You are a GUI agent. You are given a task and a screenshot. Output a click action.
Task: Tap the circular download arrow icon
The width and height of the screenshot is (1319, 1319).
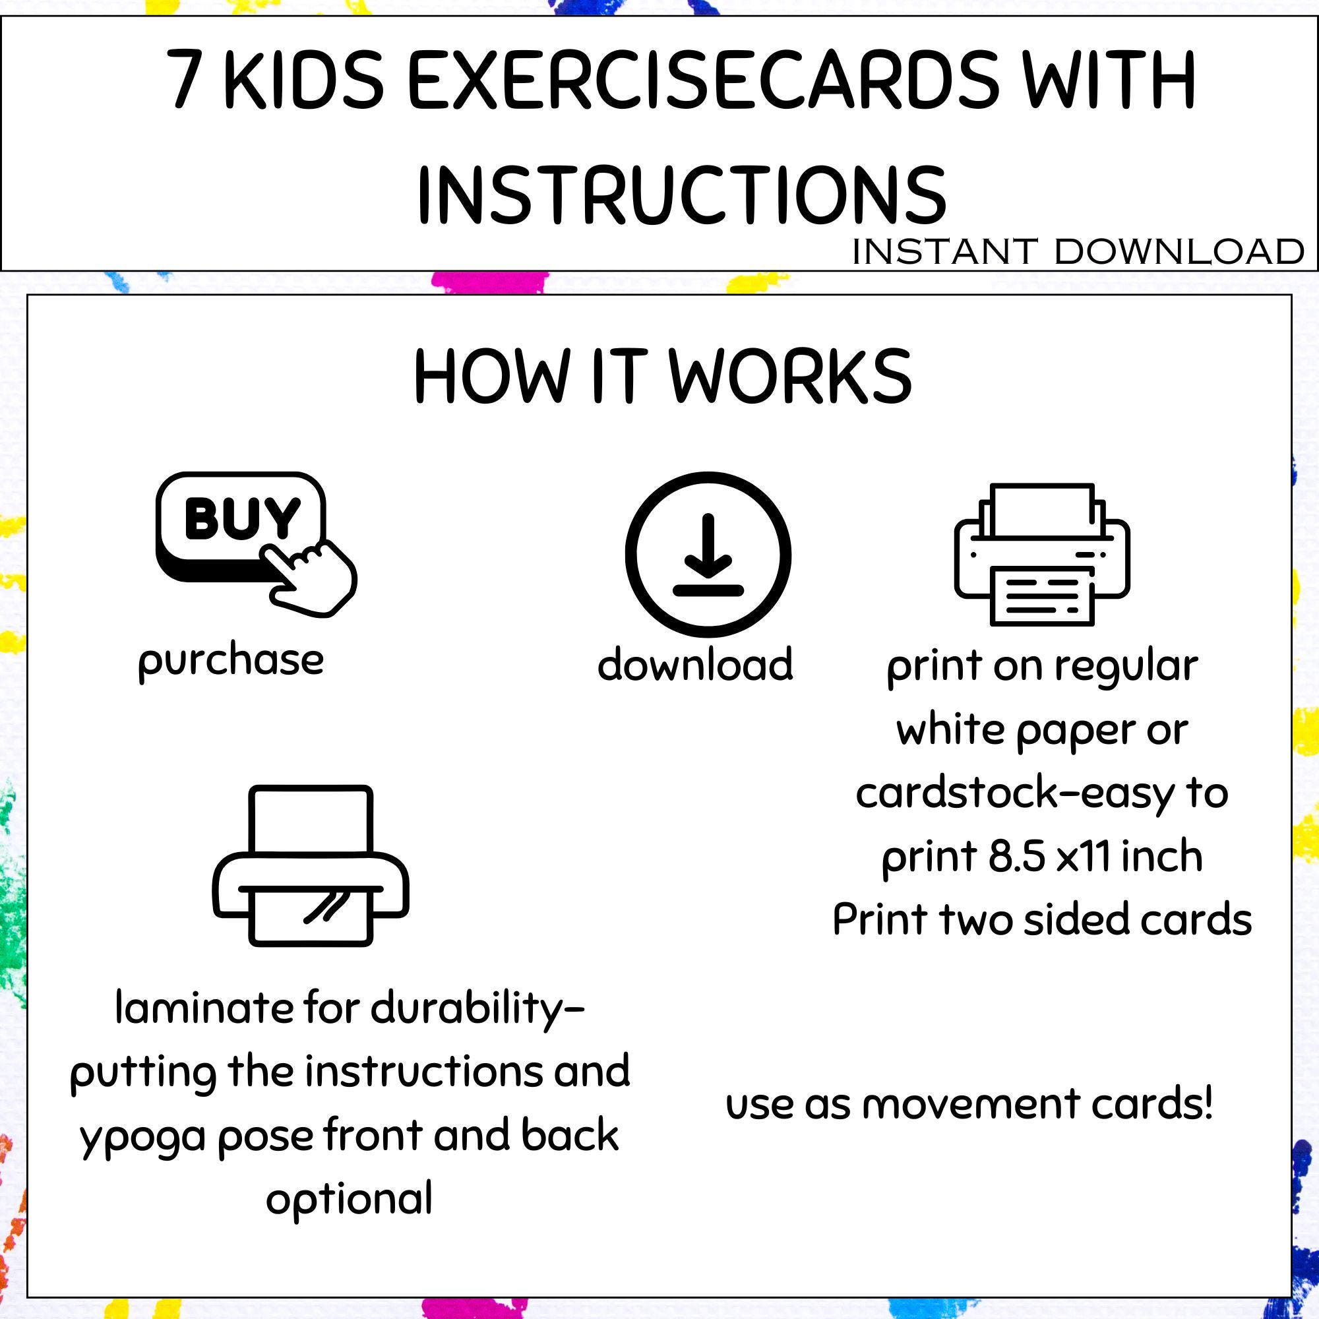(708, 555)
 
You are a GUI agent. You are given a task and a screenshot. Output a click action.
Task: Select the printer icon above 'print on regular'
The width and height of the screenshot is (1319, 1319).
(1042, 555)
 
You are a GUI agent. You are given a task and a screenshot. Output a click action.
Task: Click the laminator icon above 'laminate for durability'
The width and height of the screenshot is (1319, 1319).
(311, 866)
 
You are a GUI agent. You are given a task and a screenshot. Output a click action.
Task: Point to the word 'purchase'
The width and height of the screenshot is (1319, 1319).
(231, 661)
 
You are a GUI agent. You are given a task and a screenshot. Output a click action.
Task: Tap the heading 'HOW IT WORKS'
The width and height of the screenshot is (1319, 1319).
(662, 377)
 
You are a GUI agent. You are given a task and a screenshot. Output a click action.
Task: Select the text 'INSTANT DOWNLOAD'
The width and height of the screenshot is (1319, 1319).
(1078, 252)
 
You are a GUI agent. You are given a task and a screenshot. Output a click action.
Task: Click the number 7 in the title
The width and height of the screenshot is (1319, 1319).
(187, 80)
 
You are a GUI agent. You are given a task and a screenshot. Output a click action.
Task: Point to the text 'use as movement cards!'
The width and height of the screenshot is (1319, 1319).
(969, 1104)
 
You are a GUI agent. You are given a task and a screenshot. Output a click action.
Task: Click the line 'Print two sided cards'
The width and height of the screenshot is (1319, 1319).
(1042, 919)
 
